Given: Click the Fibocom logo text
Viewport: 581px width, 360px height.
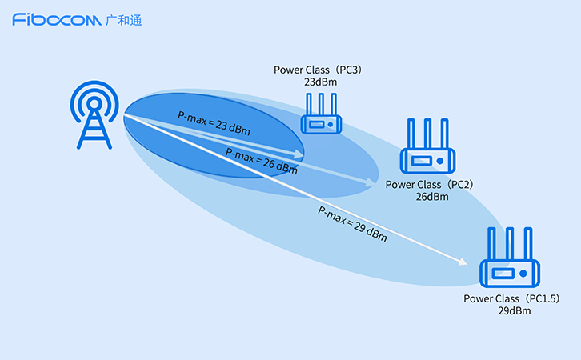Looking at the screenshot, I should pos(56,19).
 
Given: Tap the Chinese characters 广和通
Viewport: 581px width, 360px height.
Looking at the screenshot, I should pos(124,19).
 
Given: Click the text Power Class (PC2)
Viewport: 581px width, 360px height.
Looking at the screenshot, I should pos(430,184).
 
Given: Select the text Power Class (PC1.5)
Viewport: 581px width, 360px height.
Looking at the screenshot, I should pos(511,298).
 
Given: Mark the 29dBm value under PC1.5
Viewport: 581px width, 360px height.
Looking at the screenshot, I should pos(512,310).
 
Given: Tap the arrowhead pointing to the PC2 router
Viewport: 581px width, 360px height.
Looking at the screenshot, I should pos(371,183).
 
